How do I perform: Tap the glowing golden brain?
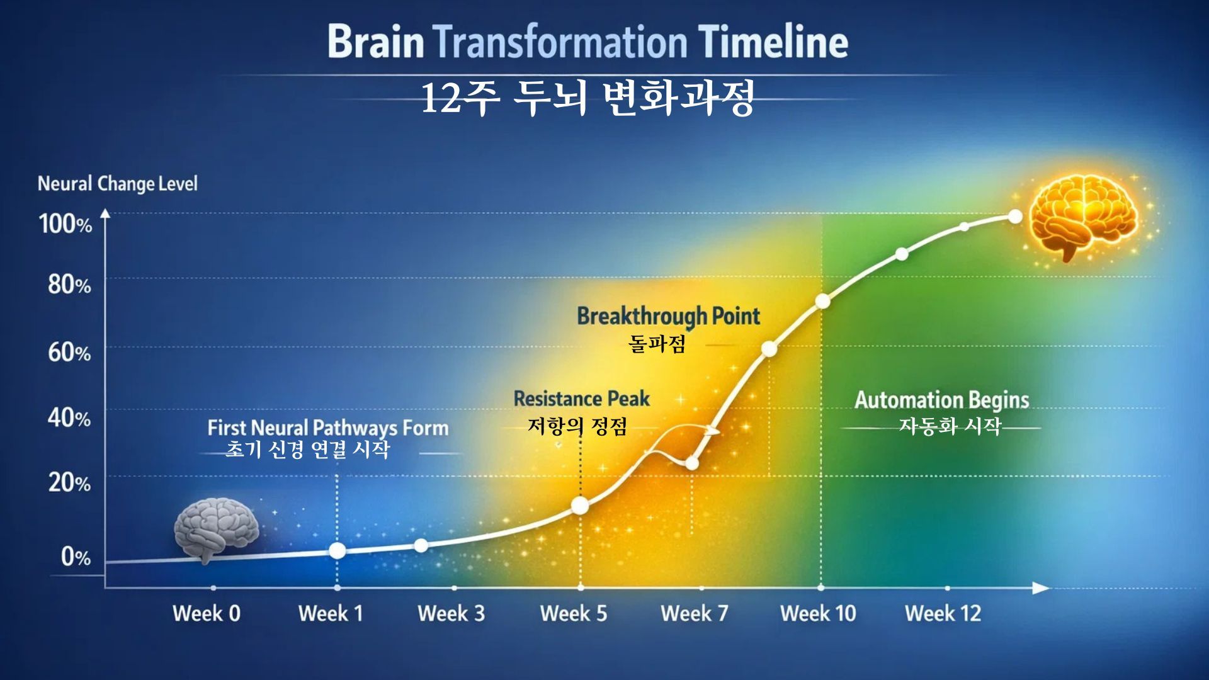(x=1083, y=217)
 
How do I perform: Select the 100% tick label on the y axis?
(x=65, y=224)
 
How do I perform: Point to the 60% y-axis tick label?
(x=69, y=352)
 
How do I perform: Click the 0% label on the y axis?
(x=76, y=557)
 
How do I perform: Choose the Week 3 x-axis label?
(x=451, y=613)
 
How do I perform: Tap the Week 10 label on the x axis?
(x=818, y=613)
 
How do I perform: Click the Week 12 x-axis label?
(x=943, y=613)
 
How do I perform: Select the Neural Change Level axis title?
(x=118, y=184)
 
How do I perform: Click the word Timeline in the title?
(x=773, y=42)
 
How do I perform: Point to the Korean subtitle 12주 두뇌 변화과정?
(x=587, y=98)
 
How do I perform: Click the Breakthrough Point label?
(x=668, y=316)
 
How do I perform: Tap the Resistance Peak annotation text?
(x=581, y=399)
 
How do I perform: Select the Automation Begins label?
(x=942, y=400)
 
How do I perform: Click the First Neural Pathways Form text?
(x=328, y=428)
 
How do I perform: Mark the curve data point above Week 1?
(x=338, y=550)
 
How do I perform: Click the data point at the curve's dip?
(x=691, y=463)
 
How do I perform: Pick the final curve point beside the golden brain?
(x=1015, y=217)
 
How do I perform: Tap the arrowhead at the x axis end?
(x=1042, y=588)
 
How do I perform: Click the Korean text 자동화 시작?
(x=950, y=426)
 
